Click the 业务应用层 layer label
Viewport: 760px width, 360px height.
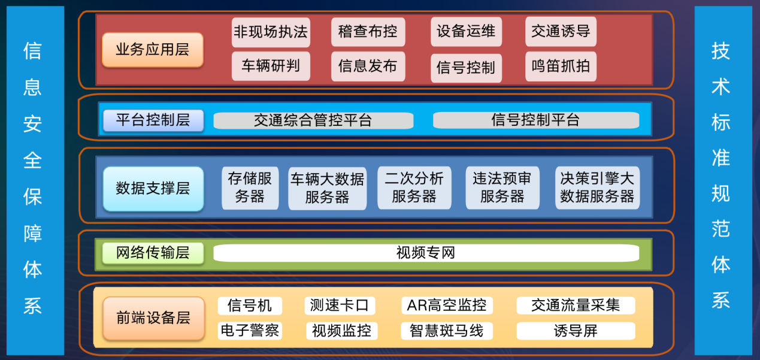[x=152, y=50]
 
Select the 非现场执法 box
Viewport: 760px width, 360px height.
[x=271, y=32]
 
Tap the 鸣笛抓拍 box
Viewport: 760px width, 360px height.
[x=561, y=66]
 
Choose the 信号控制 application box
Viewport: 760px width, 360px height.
[x=466, y=68]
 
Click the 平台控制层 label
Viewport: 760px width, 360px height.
[x=153, y=120]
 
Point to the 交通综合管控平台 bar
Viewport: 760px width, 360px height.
[x=313, y=120]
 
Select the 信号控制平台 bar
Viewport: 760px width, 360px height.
[x=535, y=120]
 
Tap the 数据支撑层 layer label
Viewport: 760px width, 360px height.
[x=153, y=188]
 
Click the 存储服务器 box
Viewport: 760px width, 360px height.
[x=250, y=187]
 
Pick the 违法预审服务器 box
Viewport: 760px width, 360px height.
[x=502, y=187]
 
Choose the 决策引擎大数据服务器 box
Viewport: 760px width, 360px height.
[x=597, y=187]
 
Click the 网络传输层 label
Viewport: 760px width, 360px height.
[x=153, y=253]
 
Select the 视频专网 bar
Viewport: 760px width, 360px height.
[x=426, y=253]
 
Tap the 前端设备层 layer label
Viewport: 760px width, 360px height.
[x=153, y=317]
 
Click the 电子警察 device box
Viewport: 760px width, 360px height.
[x=249, y=331]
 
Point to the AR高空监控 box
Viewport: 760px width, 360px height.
[x=447, y=305]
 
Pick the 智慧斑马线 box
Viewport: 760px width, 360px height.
[x=447, y=331]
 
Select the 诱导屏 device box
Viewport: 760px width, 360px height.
[x=576, y=331]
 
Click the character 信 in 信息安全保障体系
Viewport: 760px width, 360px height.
[x=32, y=52]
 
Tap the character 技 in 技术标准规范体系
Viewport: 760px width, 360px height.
[x=720, y=52]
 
